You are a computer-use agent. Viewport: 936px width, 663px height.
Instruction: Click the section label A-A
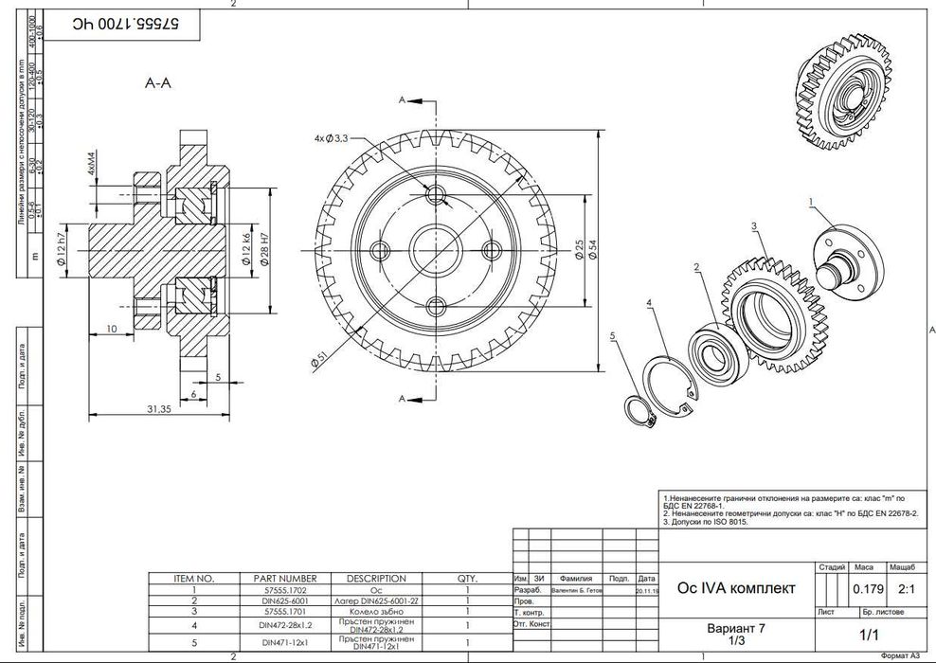[157, 84]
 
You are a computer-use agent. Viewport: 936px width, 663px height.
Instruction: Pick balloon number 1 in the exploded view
[811, 201]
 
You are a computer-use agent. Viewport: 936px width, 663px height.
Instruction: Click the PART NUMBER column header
[285, 578]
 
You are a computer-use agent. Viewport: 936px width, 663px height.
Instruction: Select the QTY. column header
[468, 578]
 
